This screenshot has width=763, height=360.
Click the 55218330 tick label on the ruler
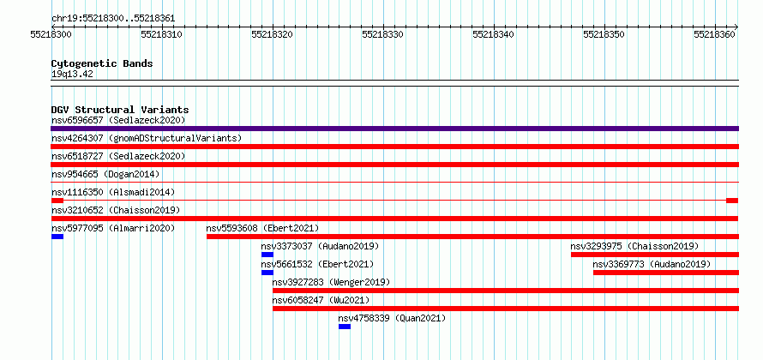[383, 34]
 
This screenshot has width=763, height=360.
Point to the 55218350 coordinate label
[604, 34]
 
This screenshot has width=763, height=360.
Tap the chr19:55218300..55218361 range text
[113, 19]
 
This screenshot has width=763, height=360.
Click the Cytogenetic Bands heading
[102, 63]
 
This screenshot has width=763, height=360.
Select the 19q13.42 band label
[72, 75]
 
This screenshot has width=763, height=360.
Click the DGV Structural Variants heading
[120, 110]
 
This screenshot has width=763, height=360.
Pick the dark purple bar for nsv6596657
[394, 129]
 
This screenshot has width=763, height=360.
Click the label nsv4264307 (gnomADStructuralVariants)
[147, 138]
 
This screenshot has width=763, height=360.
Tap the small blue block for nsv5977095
[57, 237]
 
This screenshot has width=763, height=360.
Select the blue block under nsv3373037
[267, 255]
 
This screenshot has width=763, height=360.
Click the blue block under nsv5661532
[267, 273]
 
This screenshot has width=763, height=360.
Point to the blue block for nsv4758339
[345, 327]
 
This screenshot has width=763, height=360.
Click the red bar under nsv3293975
[655, 255]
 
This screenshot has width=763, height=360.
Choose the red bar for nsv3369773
[666, 273]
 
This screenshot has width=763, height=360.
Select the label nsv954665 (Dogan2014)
[105, 174]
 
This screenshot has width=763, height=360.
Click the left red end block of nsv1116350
[57, 201]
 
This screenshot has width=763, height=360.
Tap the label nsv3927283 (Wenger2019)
[331, 282]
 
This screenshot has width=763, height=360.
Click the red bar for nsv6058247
[506, 309]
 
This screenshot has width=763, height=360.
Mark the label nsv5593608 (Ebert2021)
[263, 228]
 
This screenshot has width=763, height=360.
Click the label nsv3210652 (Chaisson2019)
[116, 210]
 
